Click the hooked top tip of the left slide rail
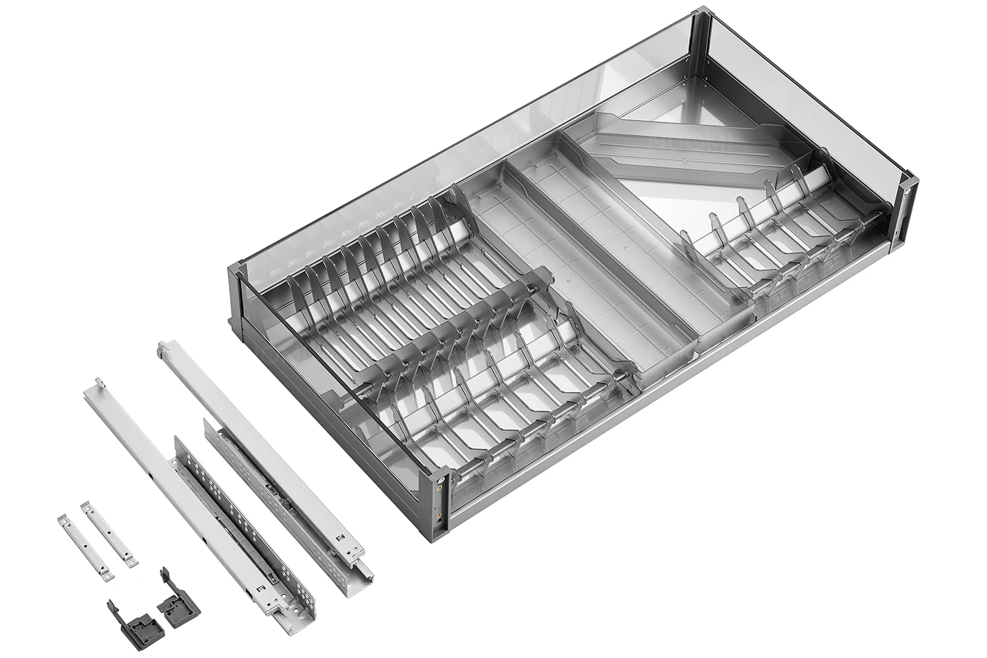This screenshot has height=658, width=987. tap(99, 383)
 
